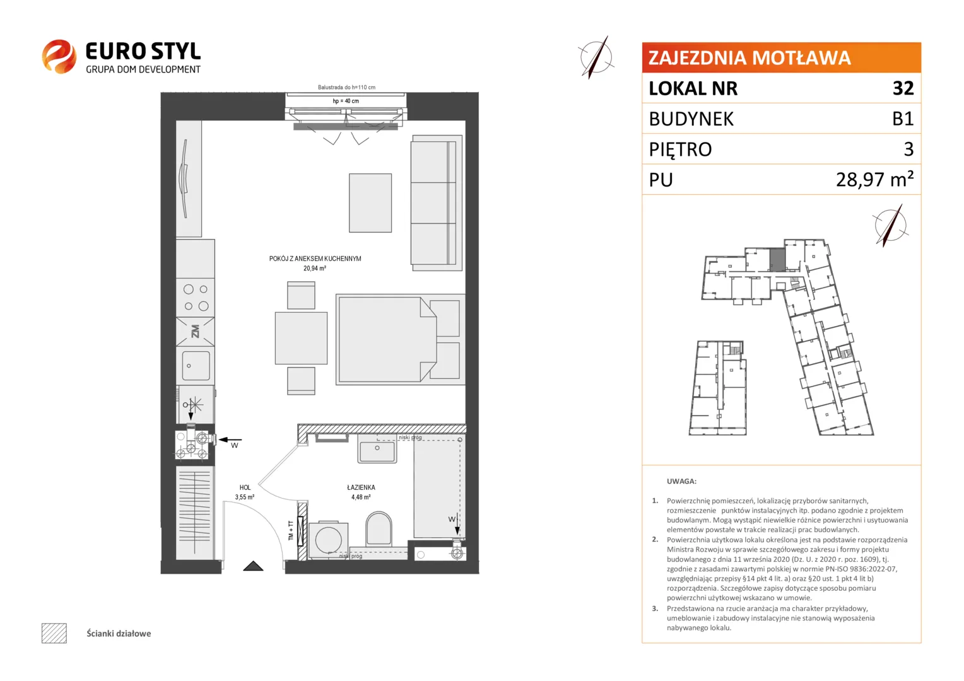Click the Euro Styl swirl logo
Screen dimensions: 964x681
click(x=59, y=56)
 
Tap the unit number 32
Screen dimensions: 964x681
click(x=903, y=88)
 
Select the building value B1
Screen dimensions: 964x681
click(x=903, y=119)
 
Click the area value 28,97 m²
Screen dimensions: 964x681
click(x=874, y=179)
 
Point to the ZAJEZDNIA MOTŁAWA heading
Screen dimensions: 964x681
click(x=749, y=57)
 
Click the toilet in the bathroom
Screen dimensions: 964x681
click(x=379, y=528)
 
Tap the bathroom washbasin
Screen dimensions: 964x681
click(x=377, y=448)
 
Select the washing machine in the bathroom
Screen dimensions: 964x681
click(x=328, y=540)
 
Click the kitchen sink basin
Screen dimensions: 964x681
click(x=196, y=366)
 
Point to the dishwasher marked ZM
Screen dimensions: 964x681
click(x=196, y=332)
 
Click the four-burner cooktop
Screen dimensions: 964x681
click(x=196, y=298)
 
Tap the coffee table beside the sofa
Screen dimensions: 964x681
click(x=370, y=203)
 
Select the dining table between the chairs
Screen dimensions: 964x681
click(x=302, y=338)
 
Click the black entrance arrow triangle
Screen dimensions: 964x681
click(x=253, y=566)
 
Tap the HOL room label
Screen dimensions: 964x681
click(x=245, y=487)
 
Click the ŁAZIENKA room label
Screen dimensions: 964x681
click(x=361, y=487)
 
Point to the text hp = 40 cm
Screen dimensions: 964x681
click(x=346, y=101)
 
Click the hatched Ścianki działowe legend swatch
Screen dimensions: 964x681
click(x=54, y=633)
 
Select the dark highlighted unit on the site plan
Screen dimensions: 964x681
click(x=777, y=259)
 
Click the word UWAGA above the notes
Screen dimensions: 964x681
click(x=682, y=481)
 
